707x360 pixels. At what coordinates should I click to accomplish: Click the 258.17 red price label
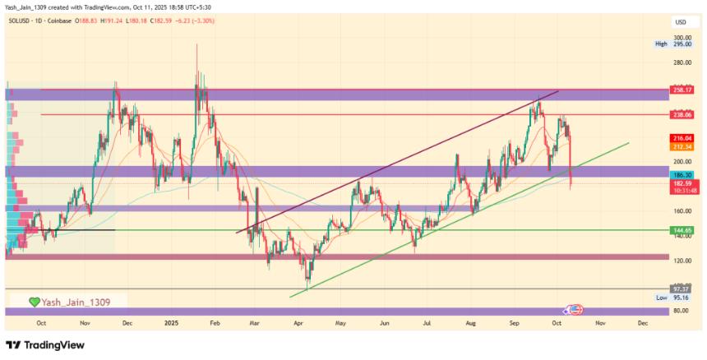[684, 89]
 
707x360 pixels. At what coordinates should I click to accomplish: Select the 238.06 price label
[684, 114]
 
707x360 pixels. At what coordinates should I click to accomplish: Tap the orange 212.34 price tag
[684, 146]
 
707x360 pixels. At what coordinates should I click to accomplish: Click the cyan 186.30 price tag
[684, 175]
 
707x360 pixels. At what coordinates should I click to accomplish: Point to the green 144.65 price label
[684, 230]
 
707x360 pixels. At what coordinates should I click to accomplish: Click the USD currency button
[681, 21]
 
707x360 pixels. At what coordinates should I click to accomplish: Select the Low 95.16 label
[672, 297]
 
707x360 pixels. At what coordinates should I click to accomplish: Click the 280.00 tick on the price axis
[682, 62]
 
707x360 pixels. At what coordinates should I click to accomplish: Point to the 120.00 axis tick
[682, 261]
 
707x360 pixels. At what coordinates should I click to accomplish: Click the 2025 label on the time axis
[171, 323]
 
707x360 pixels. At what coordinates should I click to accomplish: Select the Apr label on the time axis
[297, 323]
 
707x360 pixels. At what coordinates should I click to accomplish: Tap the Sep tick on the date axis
[513, 323]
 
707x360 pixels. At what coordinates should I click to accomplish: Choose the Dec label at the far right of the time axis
[642, 323]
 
